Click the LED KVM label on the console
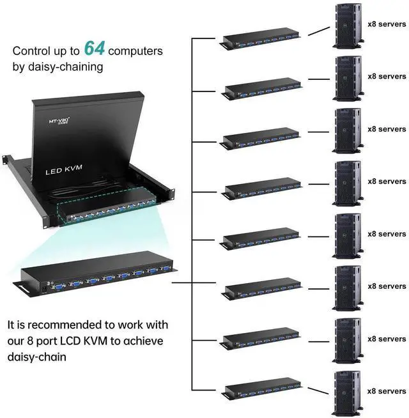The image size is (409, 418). tap(64, 171)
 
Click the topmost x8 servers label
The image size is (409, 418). tap(387, 24)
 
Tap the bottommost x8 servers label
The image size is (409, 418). tap(387, 391)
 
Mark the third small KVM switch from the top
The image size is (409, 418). tap(261, 137)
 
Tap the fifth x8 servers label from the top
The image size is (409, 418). tap(387, 234)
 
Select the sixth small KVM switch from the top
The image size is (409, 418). tap(261, 290)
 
